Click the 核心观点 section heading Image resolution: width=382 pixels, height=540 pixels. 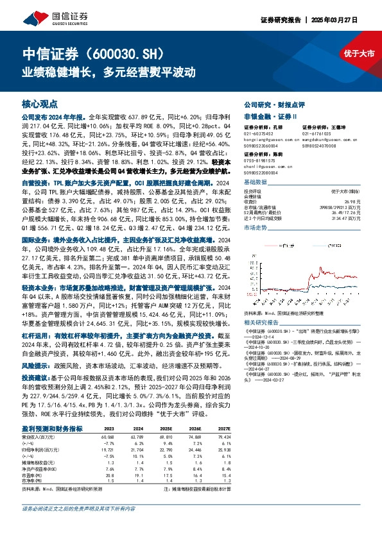pos(40,103)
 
